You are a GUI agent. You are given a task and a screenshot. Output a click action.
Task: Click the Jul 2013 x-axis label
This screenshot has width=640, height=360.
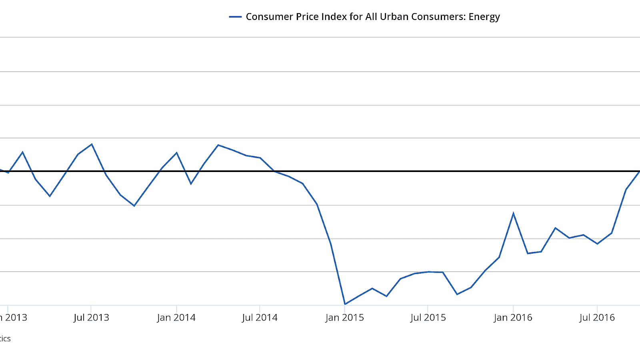(x=91, y=318)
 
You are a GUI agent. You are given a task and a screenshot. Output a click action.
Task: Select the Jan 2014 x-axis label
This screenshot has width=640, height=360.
(x=176, y=318)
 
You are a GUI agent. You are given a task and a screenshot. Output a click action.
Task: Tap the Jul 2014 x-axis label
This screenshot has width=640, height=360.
(x=260, y=318)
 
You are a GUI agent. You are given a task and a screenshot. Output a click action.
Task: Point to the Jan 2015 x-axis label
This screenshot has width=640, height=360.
(x=344, y=318)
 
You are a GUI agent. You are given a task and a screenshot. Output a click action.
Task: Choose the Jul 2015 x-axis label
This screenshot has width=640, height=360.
(x=428, y=318)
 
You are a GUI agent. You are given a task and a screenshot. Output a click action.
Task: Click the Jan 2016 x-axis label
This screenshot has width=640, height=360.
(x=513, y=318)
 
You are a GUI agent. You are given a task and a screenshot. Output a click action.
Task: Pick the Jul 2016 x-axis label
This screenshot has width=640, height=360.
(x=597, y=318)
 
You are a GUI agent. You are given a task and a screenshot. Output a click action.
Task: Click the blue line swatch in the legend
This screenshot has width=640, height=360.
(x=235, y=17)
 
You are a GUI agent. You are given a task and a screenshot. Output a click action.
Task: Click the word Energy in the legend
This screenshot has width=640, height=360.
(x=484, y=17)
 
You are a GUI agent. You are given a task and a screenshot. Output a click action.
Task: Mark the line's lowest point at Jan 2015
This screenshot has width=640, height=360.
(x=345, y=304)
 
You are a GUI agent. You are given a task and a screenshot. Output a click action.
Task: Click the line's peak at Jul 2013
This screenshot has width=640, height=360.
(x=92, y=144)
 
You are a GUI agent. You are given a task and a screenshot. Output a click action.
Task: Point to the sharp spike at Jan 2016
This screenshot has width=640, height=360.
(x=513, y=213)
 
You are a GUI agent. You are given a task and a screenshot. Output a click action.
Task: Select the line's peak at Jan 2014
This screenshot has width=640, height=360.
(x=177, y=152)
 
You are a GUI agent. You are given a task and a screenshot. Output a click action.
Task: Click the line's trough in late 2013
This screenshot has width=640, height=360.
(x=134, y=206)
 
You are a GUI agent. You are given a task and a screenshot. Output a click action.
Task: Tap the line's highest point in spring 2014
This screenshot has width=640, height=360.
(x=218, y=145)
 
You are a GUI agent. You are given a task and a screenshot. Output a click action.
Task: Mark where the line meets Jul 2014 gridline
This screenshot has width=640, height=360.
(x=260, y=158)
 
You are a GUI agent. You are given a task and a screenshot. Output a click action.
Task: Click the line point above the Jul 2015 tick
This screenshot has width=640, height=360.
(x=428, y=272)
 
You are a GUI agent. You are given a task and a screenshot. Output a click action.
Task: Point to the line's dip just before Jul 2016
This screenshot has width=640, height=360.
(x=597, y=244)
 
